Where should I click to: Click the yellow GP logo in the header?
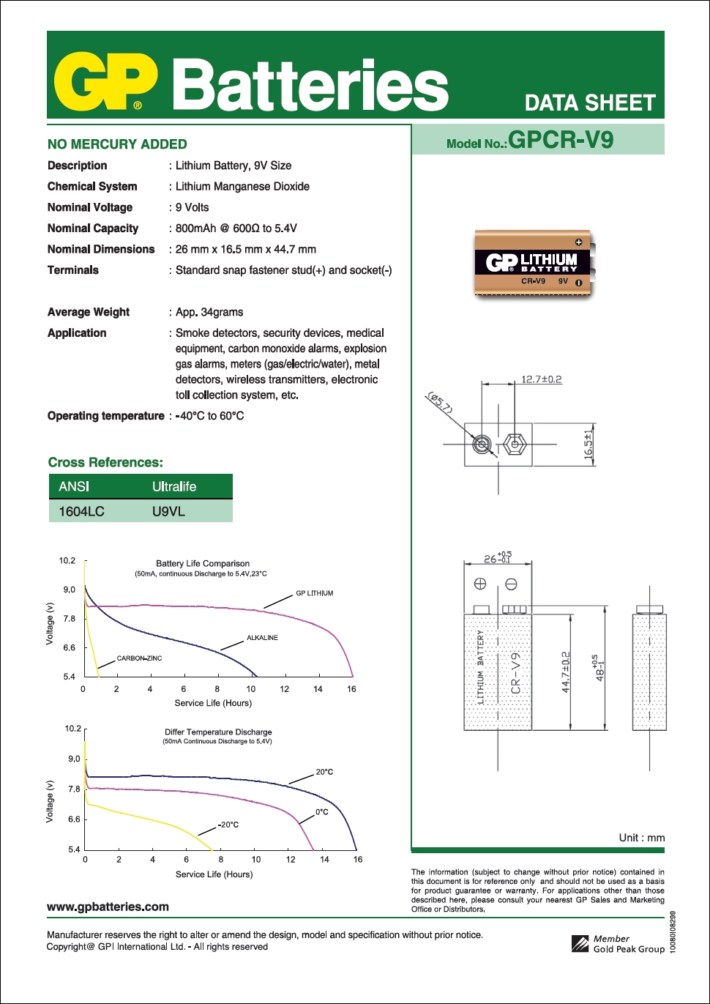click(105, 81)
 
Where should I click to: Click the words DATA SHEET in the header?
click(590, 103)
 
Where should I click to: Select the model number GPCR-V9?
click(561, 140)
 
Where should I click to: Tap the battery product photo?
click(533, 264)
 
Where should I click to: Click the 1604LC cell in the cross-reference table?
click(82, 511)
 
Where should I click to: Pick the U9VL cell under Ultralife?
click(168, 511)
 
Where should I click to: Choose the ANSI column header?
click(74, 486)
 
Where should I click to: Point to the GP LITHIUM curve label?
click(314, 593)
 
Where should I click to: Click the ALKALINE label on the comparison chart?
click(262, 638)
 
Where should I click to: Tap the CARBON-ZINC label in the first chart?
click(139, 658)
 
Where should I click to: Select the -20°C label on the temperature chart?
click(229, 825)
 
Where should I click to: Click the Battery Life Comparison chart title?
click(203, 563)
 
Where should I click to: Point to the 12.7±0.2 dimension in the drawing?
click(541, 379)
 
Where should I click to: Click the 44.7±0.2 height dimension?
click(565, 672)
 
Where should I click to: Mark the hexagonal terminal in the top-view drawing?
click(515, 445)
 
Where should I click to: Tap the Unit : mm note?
click(641, 838)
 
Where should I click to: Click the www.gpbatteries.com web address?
click(108, 907)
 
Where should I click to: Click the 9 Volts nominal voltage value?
click(192, 207)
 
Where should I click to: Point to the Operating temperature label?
click(105, 416)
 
